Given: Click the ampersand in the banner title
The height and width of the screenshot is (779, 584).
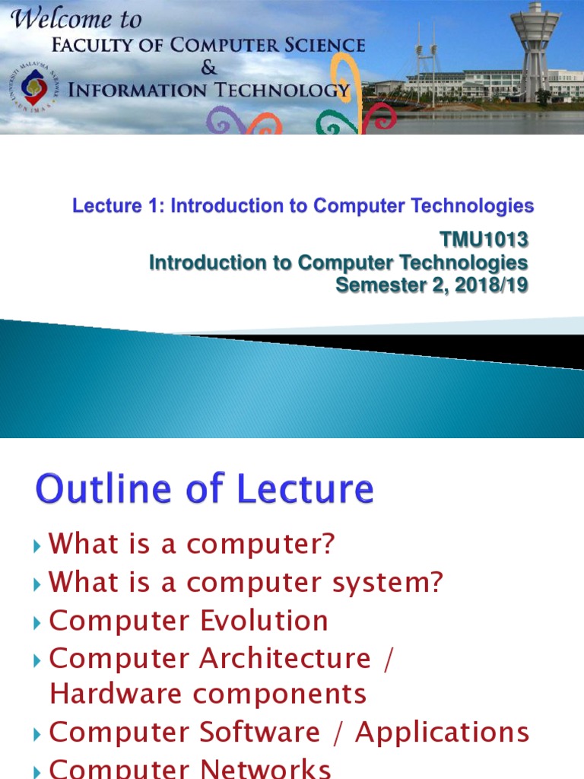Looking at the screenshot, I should tap(208, 68).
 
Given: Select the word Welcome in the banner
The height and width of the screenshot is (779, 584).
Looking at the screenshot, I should tap(58, 19).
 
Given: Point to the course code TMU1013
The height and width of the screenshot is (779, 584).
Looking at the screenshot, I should tap(484, 240).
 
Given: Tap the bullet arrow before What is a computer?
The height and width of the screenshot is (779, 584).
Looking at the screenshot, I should tap(39, 545).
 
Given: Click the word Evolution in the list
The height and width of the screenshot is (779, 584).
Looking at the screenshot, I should tap(264, 621).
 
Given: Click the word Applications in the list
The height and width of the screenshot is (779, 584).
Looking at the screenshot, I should tap(442, 732).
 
